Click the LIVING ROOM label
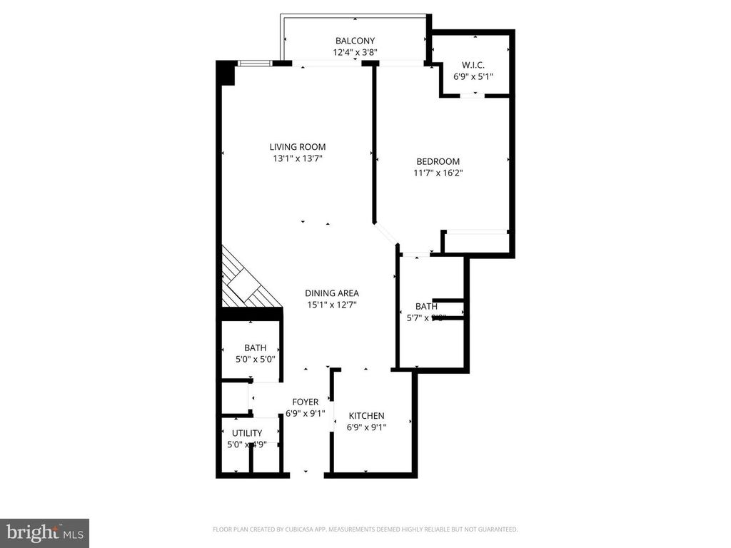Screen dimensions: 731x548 pos(298,147)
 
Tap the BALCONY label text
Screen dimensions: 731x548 pos(355,41)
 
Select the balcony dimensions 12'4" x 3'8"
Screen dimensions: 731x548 pos(355,52)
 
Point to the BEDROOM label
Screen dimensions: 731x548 pos(438,161)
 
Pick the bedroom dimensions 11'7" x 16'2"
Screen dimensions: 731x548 pos(438,173)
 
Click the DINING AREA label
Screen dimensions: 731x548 pos(331,293)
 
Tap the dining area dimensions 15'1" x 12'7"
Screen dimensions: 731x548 pos(331,305)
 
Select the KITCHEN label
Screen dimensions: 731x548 pos(366,416)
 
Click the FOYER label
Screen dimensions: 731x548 pos(305,402)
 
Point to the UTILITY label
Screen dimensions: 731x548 pos(247,433)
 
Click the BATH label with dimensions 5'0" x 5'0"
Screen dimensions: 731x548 pos(255,348)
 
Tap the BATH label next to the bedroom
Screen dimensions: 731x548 pos(426,307)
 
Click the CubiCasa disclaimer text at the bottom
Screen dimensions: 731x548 pos(365,529)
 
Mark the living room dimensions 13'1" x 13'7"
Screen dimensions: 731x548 pos(298,158)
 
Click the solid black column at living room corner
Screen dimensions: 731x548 pos(226,73)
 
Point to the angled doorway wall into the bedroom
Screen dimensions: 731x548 pos(386,233)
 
